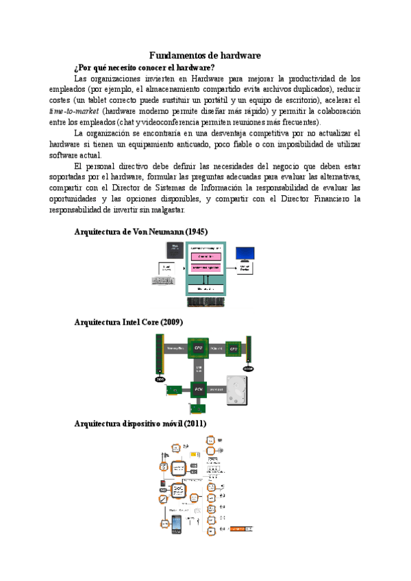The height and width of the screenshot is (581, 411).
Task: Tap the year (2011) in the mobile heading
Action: [192, 424]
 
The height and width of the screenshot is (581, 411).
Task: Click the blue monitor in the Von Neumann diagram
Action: [245, 254]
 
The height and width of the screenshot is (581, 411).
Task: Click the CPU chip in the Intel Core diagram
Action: [199, 348]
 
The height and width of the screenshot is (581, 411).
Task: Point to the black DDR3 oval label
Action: [160, 379]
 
